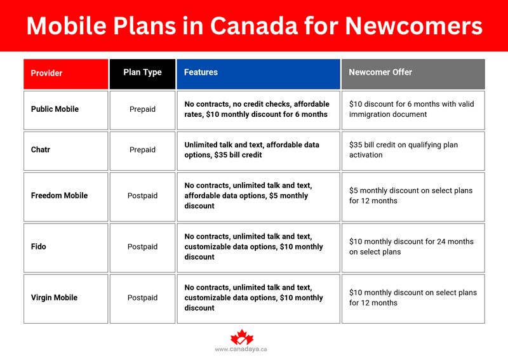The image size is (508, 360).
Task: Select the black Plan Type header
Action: (142, 72)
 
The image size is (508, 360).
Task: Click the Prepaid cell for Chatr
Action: (142, 150)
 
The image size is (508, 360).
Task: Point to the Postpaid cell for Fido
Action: (142, 246)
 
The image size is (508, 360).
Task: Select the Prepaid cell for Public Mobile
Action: (142, 109)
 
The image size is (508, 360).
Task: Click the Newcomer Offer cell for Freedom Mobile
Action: (413, 196)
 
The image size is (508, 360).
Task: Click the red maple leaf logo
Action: (241, 338)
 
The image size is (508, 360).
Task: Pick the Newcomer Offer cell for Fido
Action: (413, 246)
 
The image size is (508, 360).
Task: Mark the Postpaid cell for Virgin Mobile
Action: (142, 298)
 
